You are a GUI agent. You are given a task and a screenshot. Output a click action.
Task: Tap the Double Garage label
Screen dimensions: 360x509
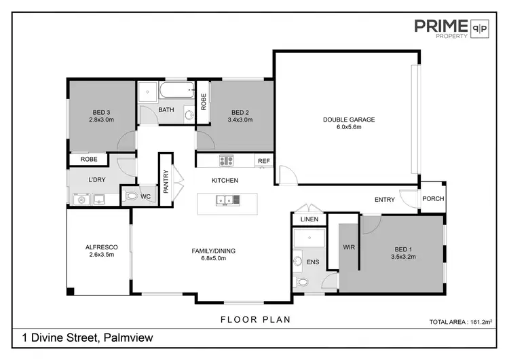pyautogui.click(x=348, y=120)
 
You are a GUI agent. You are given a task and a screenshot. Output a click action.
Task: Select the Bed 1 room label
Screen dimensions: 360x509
pyautogui.click(x=402, y=249)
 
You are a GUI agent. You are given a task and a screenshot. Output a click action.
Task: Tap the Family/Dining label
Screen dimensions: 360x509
pyautogui.click(x=213, y=251)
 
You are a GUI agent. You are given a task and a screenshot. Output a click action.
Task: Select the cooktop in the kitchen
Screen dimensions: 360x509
pyautogui.click(x=226, y=161)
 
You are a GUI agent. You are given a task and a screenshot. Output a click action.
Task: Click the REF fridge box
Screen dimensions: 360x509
pyautogui.click(x=263, y=161)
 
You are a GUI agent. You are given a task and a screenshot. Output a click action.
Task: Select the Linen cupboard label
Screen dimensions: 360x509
pyautogui.click(x=309, y=219)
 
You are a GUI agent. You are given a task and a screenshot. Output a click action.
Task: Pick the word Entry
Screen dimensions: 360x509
pyautogui.click(x=384, y=199)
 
